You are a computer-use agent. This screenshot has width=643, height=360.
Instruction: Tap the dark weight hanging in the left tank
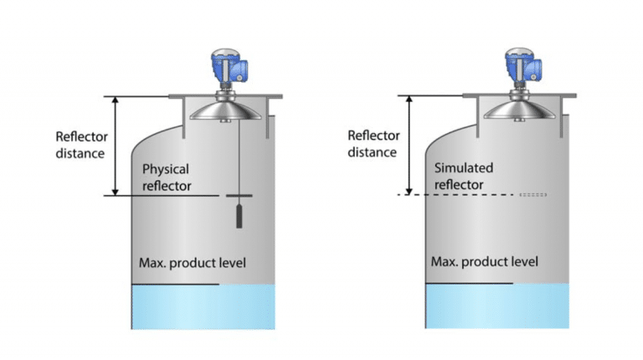click(x=237, y=216)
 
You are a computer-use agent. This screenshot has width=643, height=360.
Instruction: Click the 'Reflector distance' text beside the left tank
click(x=80, y=144)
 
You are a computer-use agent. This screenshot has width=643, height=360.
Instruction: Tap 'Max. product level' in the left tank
click(x=193, y=264)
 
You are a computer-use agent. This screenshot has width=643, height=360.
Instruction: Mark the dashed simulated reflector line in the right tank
click(x=452, y=195)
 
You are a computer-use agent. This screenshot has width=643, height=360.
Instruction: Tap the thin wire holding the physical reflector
click(x=237, y=159)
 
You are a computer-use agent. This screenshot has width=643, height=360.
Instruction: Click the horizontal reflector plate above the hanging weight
click(x=237, y=197)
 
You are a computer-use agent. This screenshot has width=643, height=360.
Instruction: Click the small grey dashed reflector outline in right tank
click(x=532, y=195)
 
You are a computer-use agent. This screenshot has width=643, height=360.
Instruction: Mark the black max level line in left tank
click(x=176, y=285)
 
